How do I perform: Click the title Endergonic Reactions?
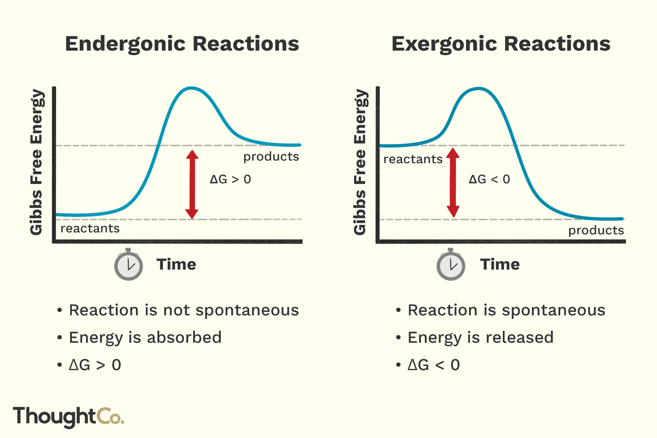point(182,44)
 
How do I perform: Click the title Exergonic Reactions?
point(501,44)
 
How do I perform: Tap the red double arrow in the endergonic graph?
point(192,184)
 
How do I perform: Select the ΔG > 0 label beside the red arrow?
point(230,180)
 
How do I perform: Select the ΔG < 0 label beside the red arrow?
point(489,180)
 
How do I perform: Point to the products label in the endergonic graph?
point(271,157)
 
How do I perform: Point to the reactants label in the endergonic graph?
point(90,228)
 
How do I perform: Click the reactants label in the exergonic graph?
point(413,159)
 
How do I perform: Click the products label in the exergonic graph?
point(596,230)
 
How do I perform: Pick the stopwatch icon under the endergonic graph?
point(128,265)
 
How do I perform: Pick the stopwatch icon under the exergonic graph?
point(451,265)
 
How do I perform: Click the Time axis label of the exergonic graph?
point(500,265)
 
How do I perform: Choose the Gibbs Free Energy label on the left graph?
point(37,162)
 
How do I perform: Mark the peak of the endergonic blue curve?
point(191,88)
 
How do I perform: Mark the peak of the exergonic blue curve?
point(478,88)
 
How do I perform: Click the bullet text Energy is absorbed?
point(145,338)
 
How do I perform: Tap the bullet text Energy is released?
point(480,338)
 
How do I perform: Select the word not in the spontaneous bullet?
point(177,311)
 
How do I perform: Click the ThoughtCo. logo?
point(69,417)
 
